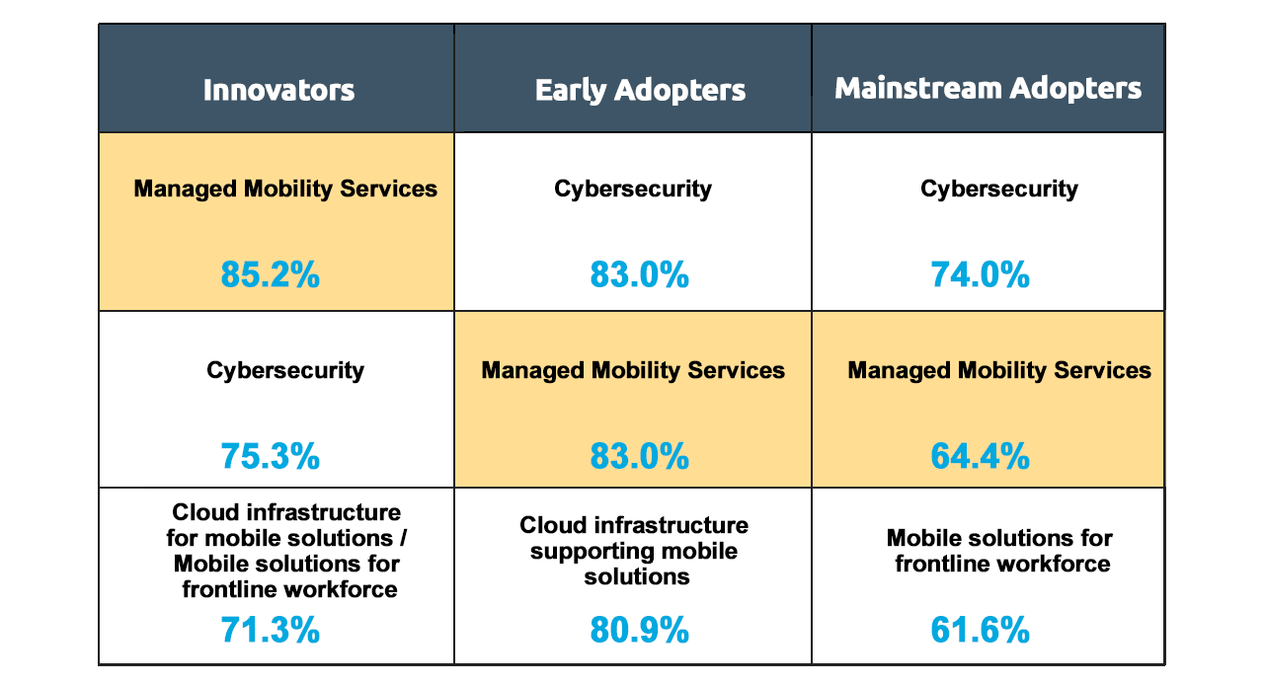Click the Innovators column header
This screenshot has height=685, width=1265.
pyautogui.click(x=278, y=90)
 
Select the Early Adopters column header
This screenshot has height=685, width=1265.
pyautogui.click(x=640, y=91)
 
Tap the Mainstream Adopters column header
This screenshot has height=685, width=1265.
pyautogui.click(x=988, y=89)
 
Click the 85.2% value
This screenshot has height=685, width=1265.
pyautogui.click(x=271, y=274)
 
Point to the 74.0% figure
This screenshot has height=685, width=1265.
pyautogui.click(x=981, y=274)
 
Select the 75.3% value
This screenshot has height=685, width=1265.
pyautogui.click(x=271, y=456)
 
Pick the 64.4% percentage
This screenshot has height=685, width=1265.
pyautogui.click(x=981, y=456)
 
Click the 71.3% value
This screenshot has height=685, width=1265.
pyautogui.click(x=271, y=629)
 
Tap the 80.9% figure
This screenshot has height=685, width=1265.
pyautogui.click(x=640, y=629)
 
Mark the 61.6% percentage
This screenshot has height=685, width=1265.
pyautogui.click(x=981, y=629)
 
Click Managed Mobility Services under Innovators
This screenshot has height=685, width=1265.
pyautogui.click(x=285, y=189)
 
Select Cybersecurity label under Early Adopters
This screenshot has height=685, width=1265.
pyautogui.click(x=633, y=189)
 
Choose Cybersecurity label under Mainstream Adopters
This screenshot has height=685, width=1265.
pyautogui.click(x=999, y=189)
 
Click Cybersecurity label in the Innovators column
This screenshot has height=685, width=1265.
pyautogui.click(x=285, y=370)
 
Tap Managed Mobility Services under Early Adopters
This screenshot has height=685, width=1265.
pyautogui.click(x=633, y=370)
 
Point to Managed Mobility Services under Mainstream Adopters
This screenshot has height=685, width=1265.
pyautogui.click(x=999, y=370)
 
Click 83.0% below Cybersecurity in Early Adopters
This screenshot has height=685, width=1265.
pyautogui.click(x=640, y=274)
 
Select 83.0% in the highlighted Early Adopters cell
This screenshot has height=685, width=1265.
pyautogui.click(x=640, y=456)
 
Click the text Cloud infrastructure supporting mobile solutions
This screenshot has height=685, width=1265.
pyautogui.click(x=634, y=550)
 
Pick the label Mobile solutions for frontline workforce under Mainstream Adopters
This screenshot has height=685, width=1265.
pyautogui.click(x=999, y=551)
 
